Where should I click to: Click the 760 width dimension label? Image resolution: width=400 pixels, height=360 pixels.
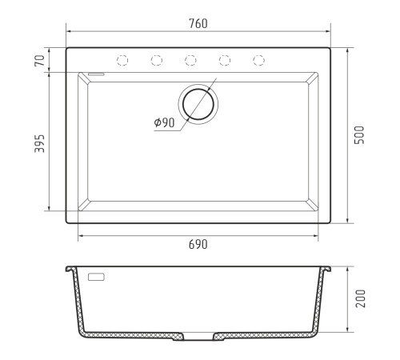(198, 23)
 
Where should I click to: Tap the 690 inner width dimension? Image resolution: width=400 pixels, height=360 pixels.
(198, 244)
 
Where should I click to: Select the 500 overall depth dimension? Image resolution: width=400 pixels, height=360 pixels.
(359, 135)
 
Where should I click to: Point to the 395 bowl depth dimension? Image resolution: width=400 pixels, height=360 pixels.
(39, 143)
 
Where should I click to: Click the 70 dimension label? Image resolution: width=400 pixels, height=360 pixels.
(39, 61)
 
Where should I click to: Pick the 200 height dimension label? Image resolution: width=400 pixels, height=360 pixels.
(360, 298)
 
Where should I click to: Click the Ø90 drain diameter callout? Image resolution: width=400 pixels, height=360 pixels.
(164, 122)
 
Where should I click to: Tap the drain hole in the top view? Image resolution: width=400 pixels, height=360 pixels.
(198, 104)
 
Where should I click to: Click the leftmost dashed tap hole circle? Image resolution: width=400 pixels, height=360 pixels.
(122, 60)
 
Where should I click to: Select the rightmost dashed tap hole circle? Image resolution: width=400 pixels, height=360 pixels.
(258, 60)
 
